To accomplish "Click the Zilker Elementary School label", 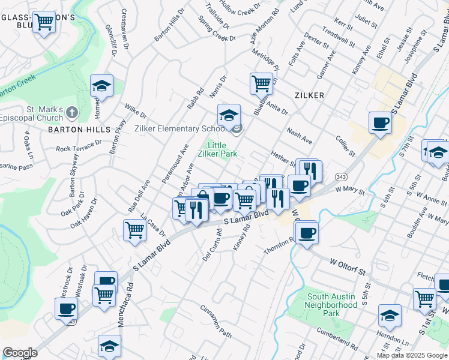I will (179, 128).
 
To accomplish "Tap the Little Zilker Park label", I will (221, 149).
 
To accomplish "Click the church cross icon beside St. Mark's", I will (71, 112).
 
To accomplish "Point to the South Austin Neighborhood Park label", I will (332, 305).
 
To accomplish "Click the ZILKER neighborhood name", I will (309, 95).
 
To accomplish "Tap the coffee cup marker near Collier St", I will (379, 123).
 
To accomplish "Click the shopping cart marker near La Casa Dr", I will (135, 230).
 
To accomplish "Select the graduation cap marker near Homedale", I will (101, 86).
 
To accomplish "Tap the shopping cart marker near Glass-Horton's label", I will (44, 22).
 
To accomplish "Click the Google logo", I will (20, 353).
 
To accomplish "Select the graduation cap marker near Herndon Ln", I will (389, 316).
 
